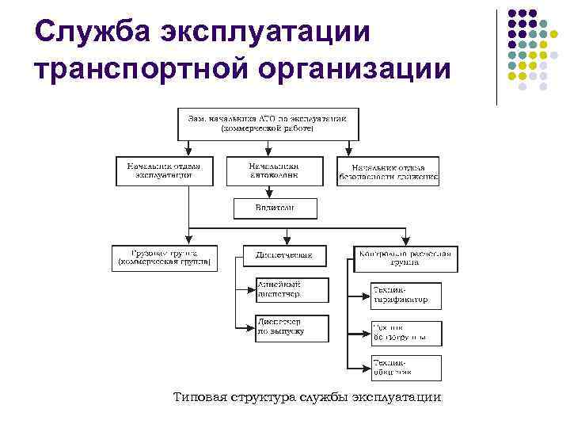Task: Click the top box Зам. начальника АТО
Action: pos(267,123)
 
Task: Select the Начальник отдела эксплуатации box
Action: pos(164,170)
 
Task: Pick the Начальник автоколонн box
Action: pos(274,170)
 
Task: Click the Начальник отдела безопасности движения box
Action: pos(388,172)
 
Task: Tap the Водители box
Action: pos(274,208)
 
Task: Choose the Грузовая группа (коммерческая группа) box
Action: pos(164,258)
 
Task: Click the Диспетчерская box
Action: pos(283,256)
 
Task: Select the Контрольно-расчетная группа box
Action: pos(405,258)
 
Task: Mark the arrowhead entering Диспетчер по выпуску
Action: pos(252,327)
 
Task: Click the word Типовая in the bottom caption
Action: pos(201,397)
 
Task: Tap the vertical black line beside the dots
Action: pos(496,55)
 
